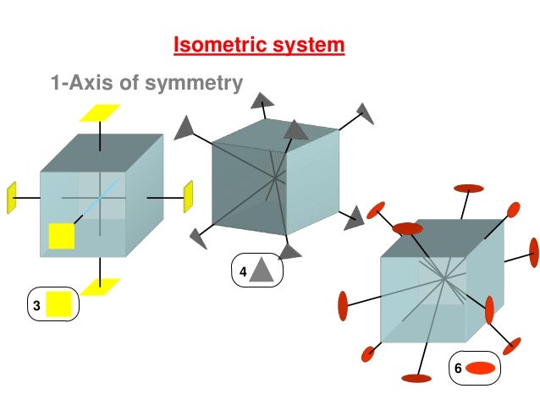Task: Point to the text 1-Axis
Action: (81, 83)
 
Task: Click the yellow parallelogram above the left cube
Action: (100, 112)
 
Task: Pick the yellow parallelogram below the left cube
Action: (101, 287)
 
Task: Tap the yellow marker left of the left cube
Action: (12, 197)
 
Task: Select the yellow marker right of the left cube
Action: (188, 196)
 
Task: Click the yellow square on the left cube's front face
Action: (62, 236)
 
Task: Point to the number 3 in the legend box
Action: (36, 306)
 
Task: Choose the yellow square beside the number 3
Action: (58, 304)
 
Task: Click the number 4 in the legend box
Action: (242, 272)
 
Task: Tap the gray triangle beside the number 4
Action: (262, 271)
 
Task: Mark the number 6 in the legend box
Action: (458, 369)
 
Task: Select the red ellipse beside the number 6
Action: (480, 368)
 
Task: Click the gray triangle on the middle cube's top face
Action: (295, 129)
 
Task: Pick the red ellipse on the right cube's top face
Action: (408, 228)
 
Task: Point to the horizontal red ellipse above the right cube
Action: (469, 188)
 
